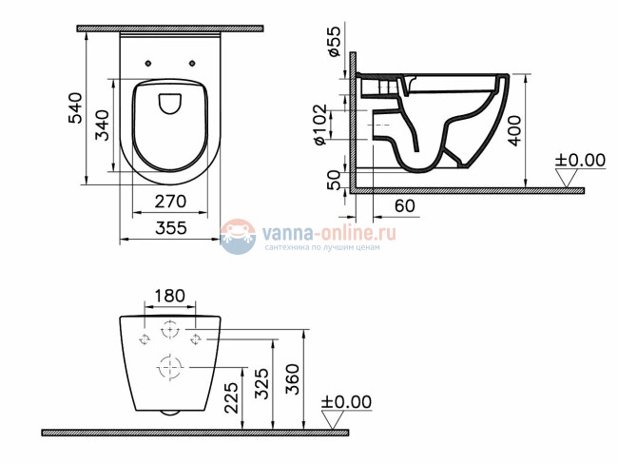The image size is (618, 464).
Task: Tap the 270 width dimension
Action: tap(169, 203)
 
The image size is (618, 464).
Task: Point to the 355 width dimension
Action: tap(169, 229)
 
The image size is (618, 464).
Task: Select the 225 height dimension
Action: tap(231, 396)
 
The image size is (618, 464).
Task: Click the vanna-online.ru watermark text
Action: tap(323, 231)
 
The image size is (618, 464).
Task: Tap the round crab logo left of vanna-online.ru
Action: tap(239, 236)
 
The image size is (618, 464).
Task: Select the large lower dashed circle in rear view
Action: tap(169, 365)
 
